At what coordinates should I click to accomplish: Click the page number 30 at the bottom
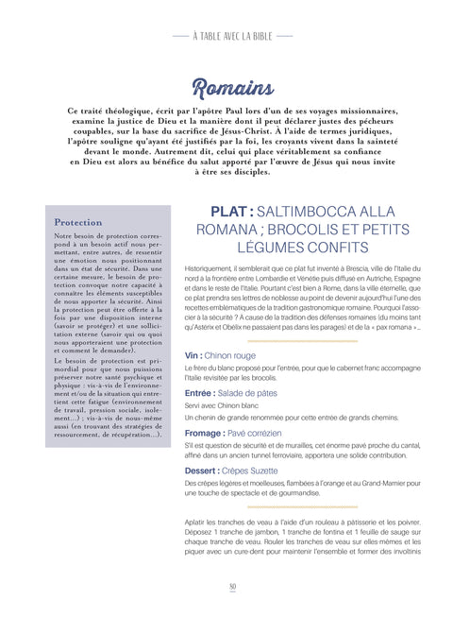(230, 588)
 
